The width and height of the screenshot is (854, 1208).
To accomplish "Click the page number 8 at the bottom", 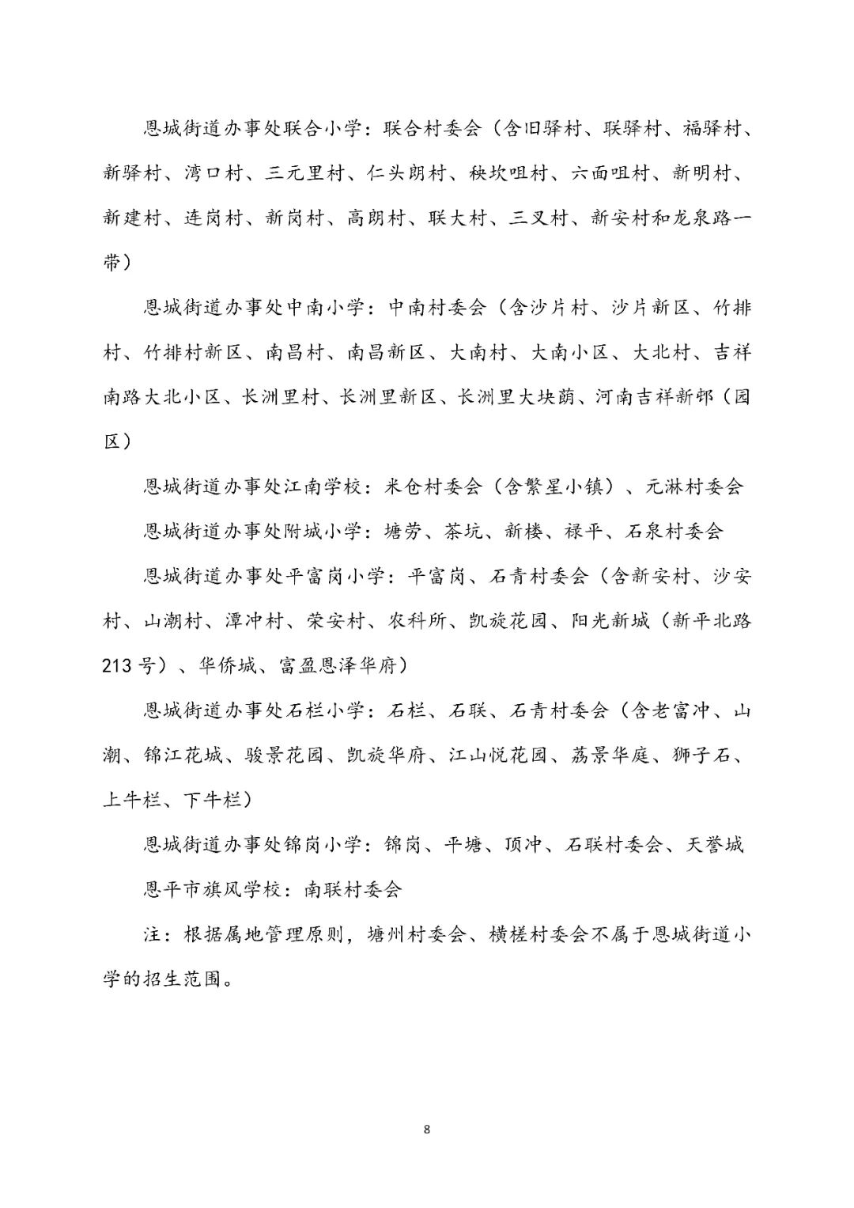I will pos(427,1129).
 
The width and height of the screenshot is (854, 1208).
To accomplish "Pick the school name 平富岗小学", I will pos(335,576).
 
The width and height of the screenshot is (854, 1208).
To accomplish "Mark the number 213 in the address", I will pos(118,666).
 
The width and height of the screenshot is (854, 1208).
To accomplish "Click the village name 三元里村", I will pos(304,173).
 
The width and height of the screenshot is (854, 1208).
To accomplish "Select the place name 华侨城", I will pos(228,666).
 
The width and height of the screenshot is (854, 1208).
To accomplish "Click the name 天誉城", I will pos(714,845).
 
